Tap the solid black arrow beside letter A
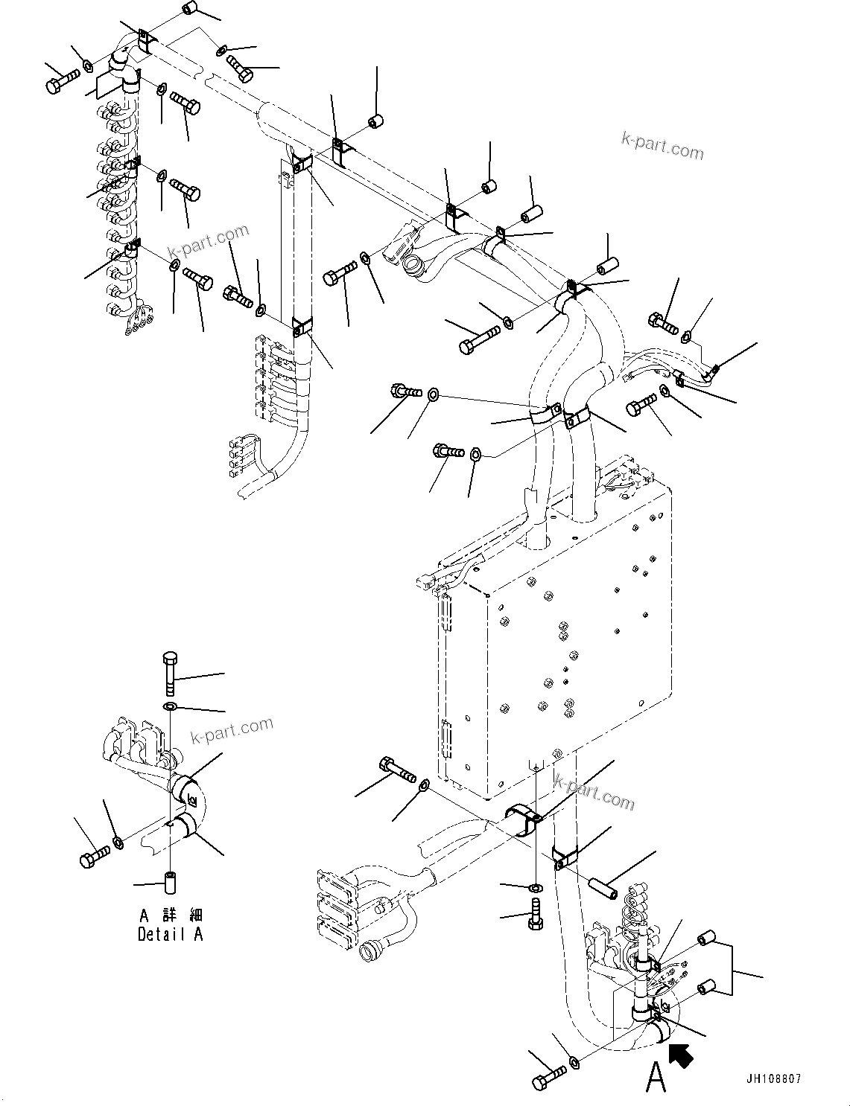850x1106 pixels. coord(681,1055)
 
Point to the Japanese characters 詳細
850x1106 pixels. coord(180,915)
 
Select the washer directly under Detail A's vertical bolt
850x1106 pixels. coord(170,706)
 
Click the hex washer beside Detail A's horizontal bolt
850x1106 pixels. coord(118,843)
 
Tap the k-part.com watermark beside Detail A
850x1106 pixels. coord(232,729)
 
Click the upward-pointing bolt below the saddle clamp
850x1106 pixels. coord(535,912)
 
